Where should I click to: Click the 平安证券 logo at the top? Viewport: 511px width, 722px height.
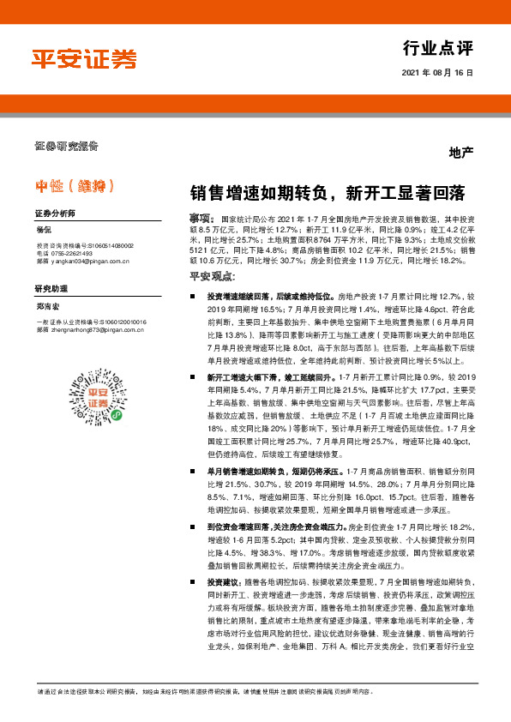[84, 57]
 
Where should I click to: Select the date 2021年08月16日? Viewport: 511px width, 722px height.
[437, 74]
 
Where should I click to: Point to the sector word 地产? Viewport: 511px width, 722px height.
[461, 153]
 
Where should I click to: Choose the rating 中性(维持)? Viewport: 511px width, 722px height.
[75, 185]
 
